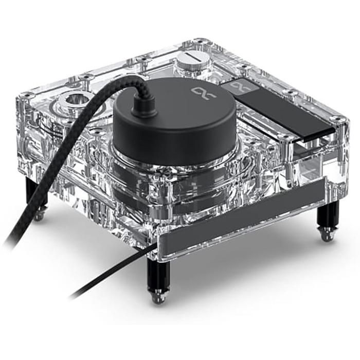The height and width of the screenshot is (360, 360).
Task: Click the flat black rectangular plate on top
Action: point(278,105)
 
